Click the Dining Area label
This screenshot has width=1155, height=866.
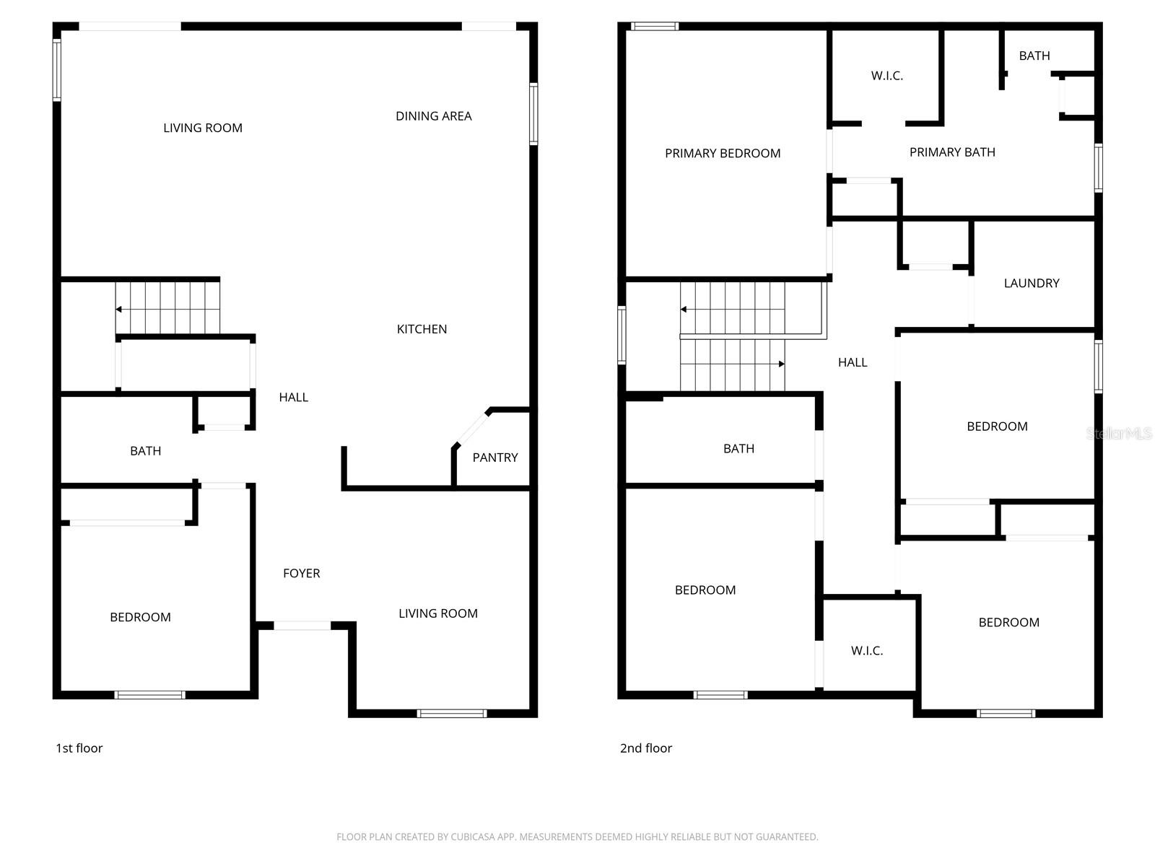(x=433, y=116)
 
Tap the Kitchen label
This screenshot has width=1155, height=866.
(x=422, y=329)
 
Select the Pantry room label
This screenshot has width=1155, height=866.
(x=495, y=458)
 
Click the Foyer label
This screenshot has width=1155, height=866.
(x=301, y=574)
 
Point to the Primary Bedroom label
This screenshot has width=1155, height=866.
(x=723, y=153)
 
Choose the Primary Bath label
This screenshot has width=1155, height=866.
(x=952, y=152)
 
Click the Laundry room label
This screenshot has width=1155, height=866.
(x=1031, y=284)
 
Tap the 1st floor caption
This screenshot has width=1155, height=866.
(x=79, y=748)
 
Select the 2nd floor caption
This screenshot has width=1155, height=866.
(x=645, y=748)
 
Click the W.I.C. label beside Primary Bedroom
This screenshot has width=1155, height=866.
(x=886, y=76)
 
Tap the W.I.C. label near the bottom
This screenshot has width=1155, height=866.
(x=866, y=651)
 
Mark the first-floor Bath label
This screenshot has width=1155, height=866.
(x=145, y=451)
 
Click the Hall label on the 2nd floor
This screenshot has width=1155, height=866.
(x=853, y=362)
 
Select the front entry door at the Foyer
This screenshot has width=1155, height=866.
(x=302, y=626)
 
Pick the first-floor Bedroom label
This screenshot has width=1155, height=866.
(x=140, y=617)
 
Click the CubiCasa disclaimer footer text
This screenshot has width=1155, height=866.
(x=577, y=837)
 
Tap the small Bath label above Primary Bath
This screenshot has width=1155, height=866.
(x=1034, y=56)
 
